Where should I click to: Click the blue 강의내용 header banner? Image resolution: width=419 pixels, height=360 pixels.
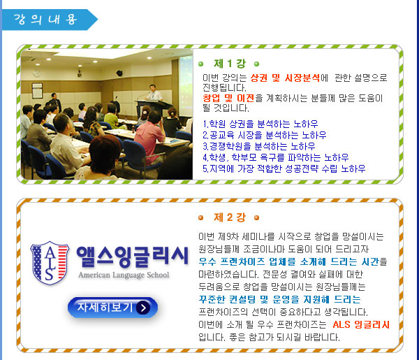click(50, 20)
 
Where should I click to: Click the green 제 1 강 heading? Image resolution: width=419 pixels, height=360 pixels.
click(230, 64)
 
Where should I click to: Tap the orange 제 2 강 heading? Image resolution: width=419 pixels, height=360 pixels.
click(230, 217)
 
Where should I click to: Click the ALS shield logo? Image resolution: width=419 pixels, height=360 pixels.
click(50, 263)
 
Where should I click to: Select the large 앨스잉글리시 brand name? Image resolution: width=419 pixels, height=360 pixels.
click(133, 257)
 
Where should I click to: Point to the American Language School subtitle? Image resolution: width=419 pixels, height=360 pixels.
click(124, 275)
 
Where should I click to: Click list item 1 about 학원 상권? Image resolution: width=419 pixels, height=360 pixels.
click(260, 124)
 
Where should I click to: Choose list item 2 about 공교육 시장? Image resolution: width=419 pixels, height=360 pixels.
click(264, 135)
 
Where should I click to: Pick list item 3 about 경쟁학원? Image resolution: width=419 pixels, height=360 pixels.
click(258, 146)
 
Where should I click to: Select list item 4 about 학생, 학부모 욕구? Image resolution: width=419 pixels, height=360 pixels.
click(276, 157)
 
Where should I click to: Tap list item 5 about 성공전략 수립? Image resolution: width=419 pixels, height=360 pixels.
click(284, 168)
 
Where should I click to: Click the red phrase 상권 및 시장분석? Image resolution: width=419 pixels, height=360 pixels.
click(285, 78)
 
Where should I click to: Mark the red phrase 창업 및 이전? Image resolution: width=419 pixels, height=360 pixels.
click(228, 98)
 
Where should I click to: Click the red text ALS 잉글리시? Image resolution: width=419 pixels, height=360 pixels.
click(361, 324)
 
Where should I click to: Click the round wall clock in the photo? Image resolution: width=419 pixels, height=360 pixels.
click(36, 73)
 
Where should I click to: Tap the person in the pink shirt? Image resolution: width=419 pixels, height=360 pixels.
click(149, 137)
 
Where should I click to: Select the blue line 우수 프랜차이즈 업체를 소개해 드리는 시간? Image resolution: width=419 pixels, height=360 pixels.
click(288, 261)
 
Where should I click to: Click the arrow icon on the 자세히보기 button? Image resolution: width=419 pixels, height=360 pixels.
click(143, 308)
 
